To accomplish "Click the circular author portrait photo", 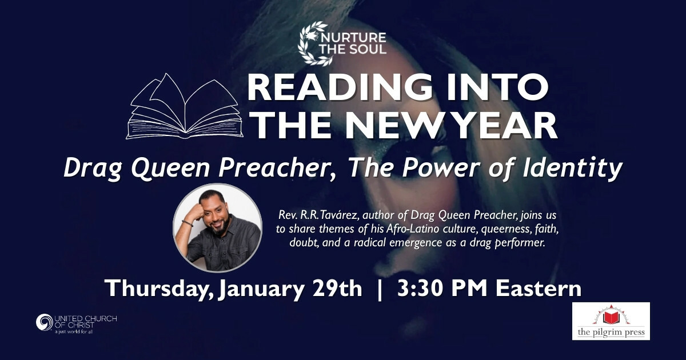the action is click(x=218, y=228).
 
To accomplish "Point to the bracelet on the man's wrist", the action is click(x=187, y=223).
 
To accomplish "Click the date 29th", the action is click(x=337, y=288).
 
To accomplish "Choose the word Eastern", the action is click(x=539, y=288).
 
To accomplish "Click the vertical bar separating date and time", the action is click(x=380, y=289).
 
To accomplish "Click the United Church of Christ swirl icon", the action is click(x=45, y=322).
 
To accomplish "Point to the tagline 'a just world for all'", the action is click(x=74, y=332).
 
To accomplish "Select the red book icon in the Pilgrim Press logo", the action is click(x=611, y=318).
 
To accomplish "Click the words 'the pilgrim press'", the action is click(x=611, y=332).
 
